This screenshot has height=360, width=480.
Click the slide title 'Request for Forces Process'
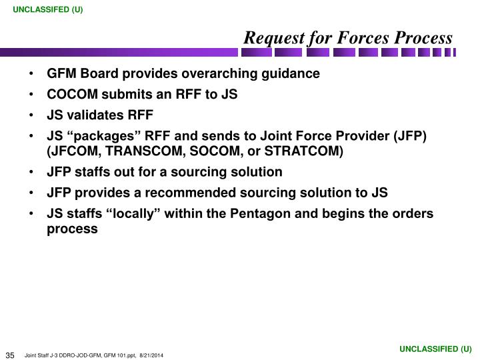tap(347, 38)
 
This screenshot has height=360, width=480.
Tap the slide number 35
tap(11, 354)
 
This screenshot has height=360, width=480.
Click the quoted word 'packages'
tap(97, 136)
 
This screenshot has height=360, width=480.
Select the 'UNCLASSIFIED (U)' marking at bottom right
tap(435, 349)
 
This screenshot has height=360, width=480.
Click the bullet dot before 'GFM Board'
tap(33, 74)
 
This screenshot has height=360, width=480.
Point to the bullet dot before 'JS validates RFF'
tap(33, 115)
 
